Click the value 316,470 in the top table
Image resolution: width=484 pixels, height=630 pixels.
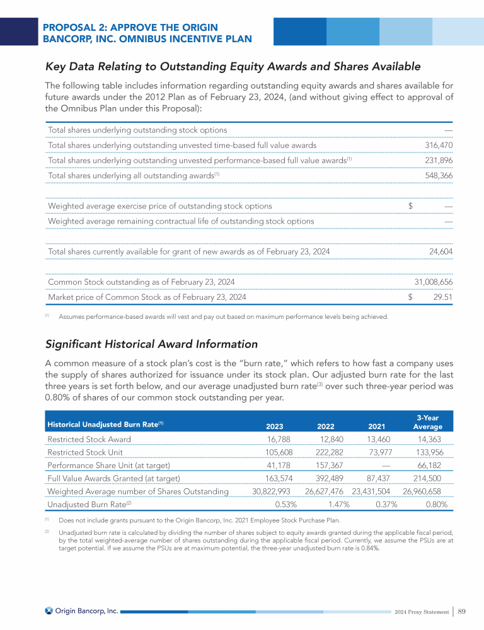tap(439, 146)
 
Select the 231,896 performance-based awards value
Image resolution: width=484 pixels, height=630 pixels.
tap(439, 160)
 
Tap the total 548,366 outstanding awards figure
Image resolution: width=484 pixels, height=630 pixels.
tap(439, 175)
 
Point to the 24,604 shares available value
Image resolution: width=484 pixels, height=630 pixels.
tap(441, 251)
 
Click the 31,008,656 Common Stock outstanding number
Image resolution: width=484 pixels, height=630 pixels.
tap(433, 282)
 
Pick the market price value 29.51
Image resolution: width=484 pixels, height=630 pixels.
tap(441, 297)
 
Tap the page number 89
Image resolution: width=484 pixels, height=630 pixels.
tap(461, 611)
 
